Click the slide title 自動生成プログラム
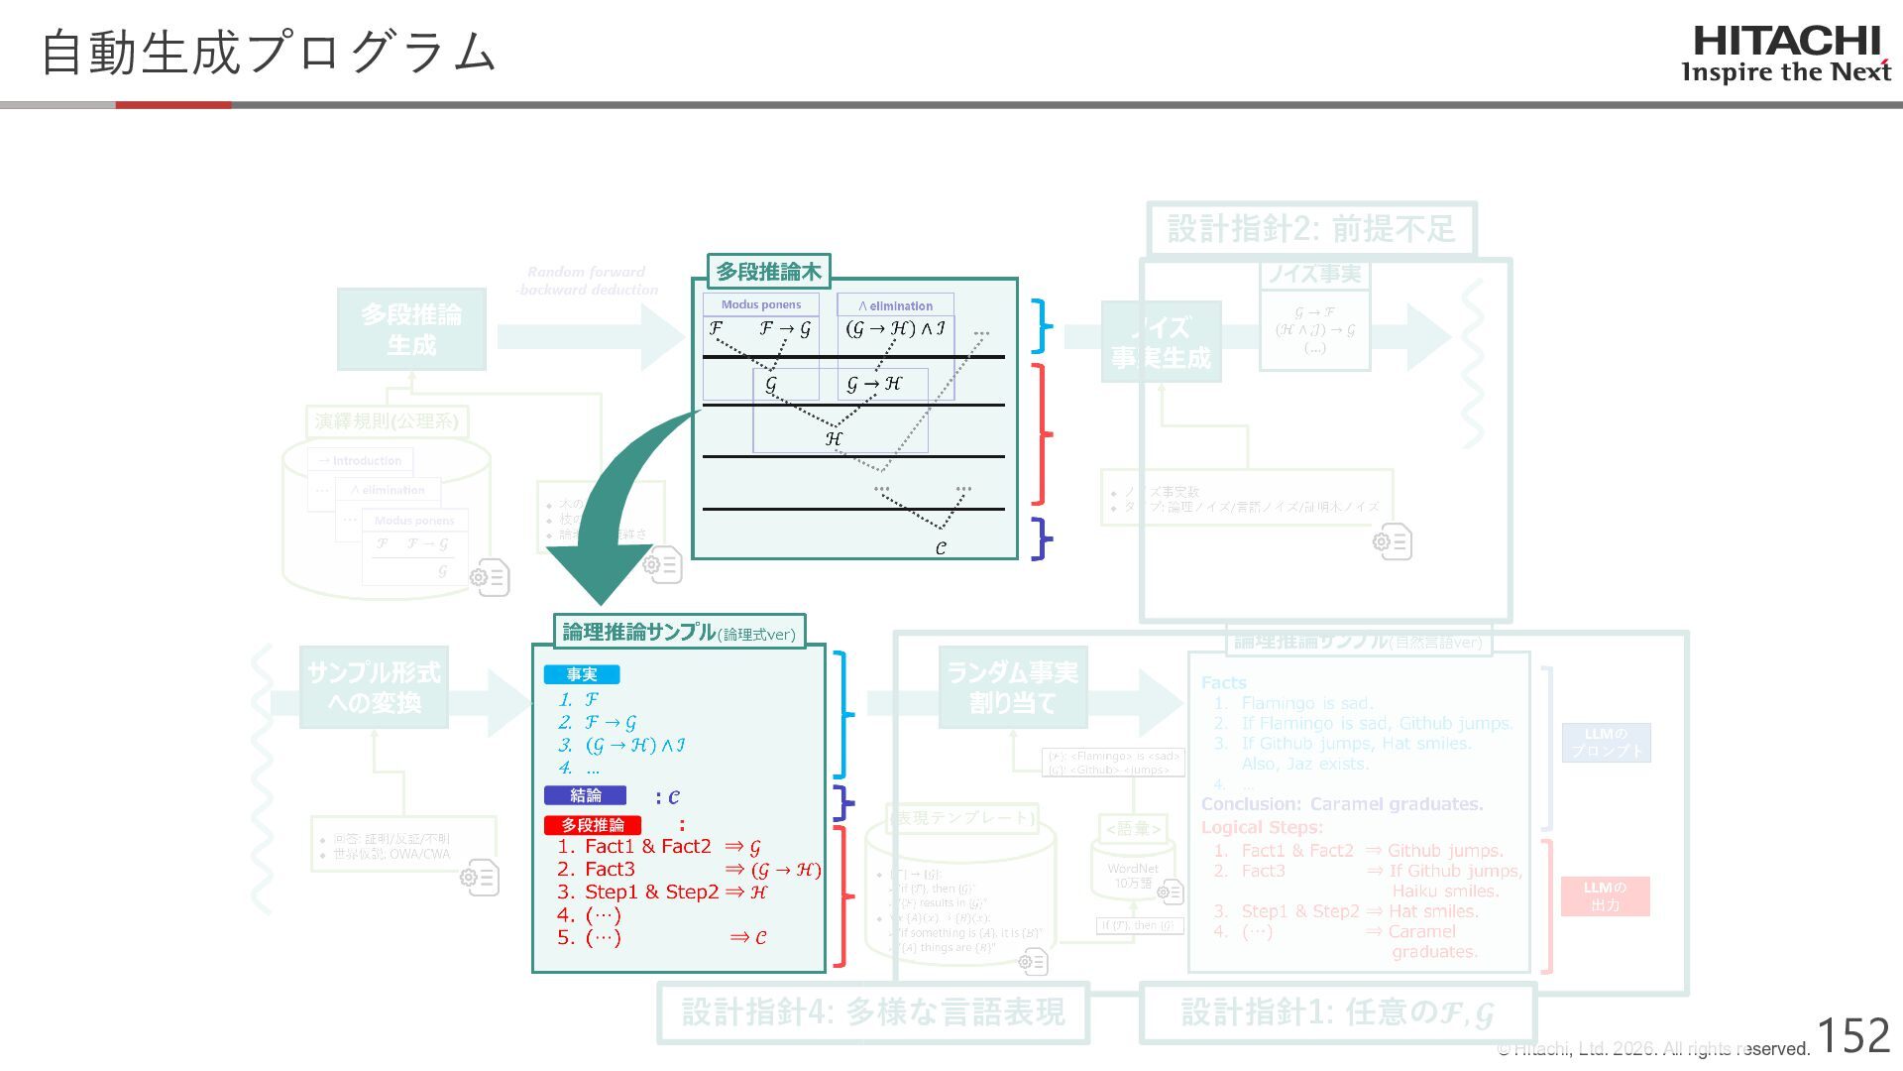click(268, 52)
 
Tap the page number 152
click(1853, 1036)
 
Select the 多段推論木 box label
click(768, 271)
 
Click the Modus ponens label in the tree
click(760, 304)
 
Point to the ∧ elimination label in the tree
click(895, 305)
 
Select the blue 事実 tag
click(582, 674)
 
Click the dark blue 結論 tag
click(585, 795)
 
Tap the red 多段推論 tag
click(593, 825)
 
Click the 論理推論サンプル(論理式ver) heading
click(679, 632)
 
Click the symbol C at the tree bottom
click(941, 547)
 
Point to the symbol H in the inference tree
click(834, 437)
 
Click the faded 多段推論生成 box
click(411, 330)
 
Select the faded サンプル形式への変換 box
click(374, 687)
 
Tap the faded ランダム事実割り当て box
click(1012, 687)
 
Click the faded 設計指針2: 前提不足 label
click(1310, 229)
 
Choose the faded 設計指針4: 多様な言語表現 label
click(873, 1012)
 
